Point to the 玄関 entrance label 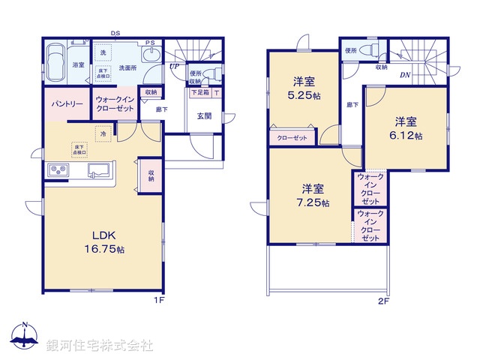pyautogui.click(x=203, y=115)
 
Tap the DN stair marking pyautogui.click(x=404, y=74)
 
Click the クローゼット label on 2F pyautogui.click(x=292, y=138)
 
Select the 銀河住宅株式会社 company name pyautogui.click(x=99, y=346)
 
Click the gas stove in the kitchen pyautogui.click(x=59, y=171)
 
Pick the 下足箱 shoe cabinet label pyautogui.click(x=199, y=92)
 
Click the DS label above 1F pyautogui.click(x=115, y=33)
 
